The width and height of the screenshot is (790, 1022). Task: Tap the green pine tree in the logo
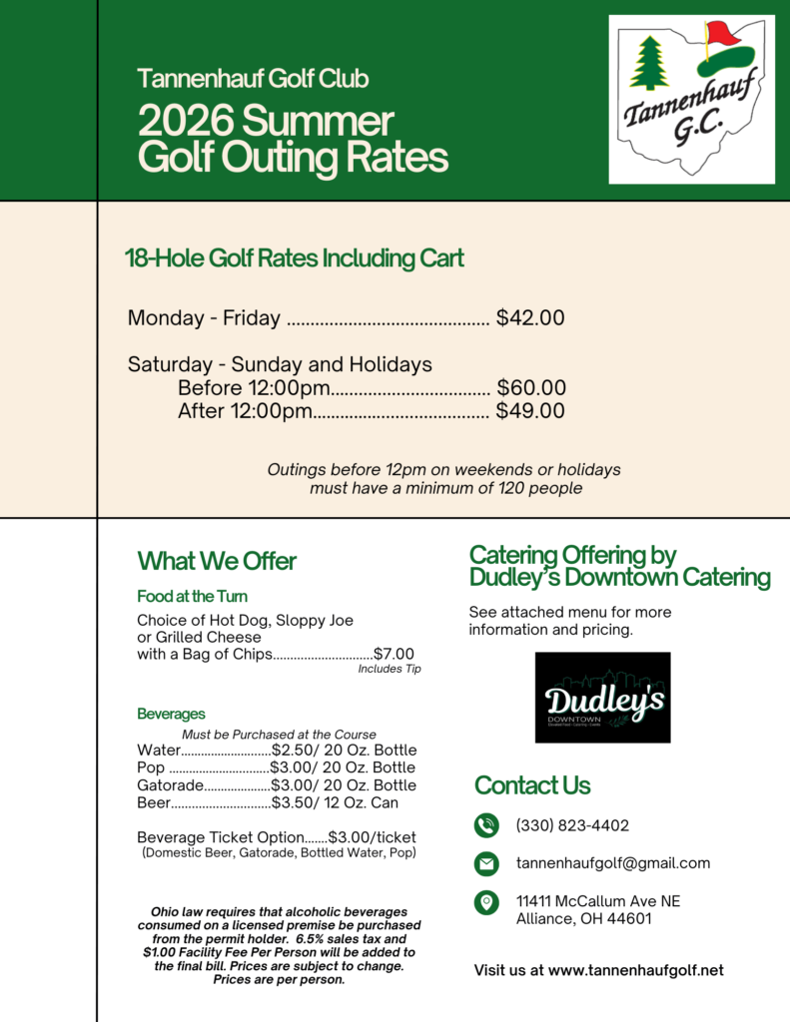pyautogui.click(x=648, y=63)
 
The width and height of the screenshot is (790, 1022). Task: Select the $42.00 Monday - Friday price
pyautogui.click(x=530, y=318)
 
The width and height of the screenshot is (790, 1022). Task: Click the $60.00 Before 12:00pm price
pyautogui.click(x=531, y=387)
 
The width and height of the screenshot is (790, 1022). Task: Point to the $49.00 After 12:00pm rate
pyautogui.click(x=530, y=410)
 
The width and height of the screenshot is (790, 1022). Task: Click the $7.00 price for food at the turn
pyautogui.click(x=394, y=654)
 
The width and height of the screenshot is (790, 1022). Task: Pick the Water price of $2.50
pyautogui.click(x=291, y=750)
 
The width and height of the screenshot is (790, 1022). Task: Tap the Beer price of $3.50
pyautogui.click(x=291, y=802)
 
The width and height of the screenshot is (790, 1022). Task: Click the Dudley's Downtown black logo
pyautogui.click(x=602, y=697)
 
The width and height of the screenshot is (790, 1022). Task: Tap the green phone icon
pyautogui.click(x=486, y=825)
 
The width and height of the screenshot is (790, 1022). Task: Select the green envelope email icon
pyautogui.click(x=486, y=863)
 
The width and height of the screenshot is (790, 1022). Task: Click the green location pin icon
pyautogui.click(x=486, y=902)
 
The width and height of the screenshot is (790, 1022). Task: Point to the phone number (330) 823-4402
pyautogui.click(x=572, y=825)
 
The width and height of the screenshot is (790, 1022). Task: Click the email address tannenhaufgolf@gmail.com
pyautogui.click(x=613, y=863)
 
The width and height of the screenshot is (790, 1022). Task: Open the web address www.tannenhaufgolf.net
pyautogui.click(x=635, y=970)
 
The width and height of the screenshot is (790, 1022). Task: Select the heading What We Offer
pyautogui.click(x=217, y=561)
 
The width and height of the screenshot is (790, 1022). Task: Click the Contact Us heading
pyautogui.click(x=532, y=785)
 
